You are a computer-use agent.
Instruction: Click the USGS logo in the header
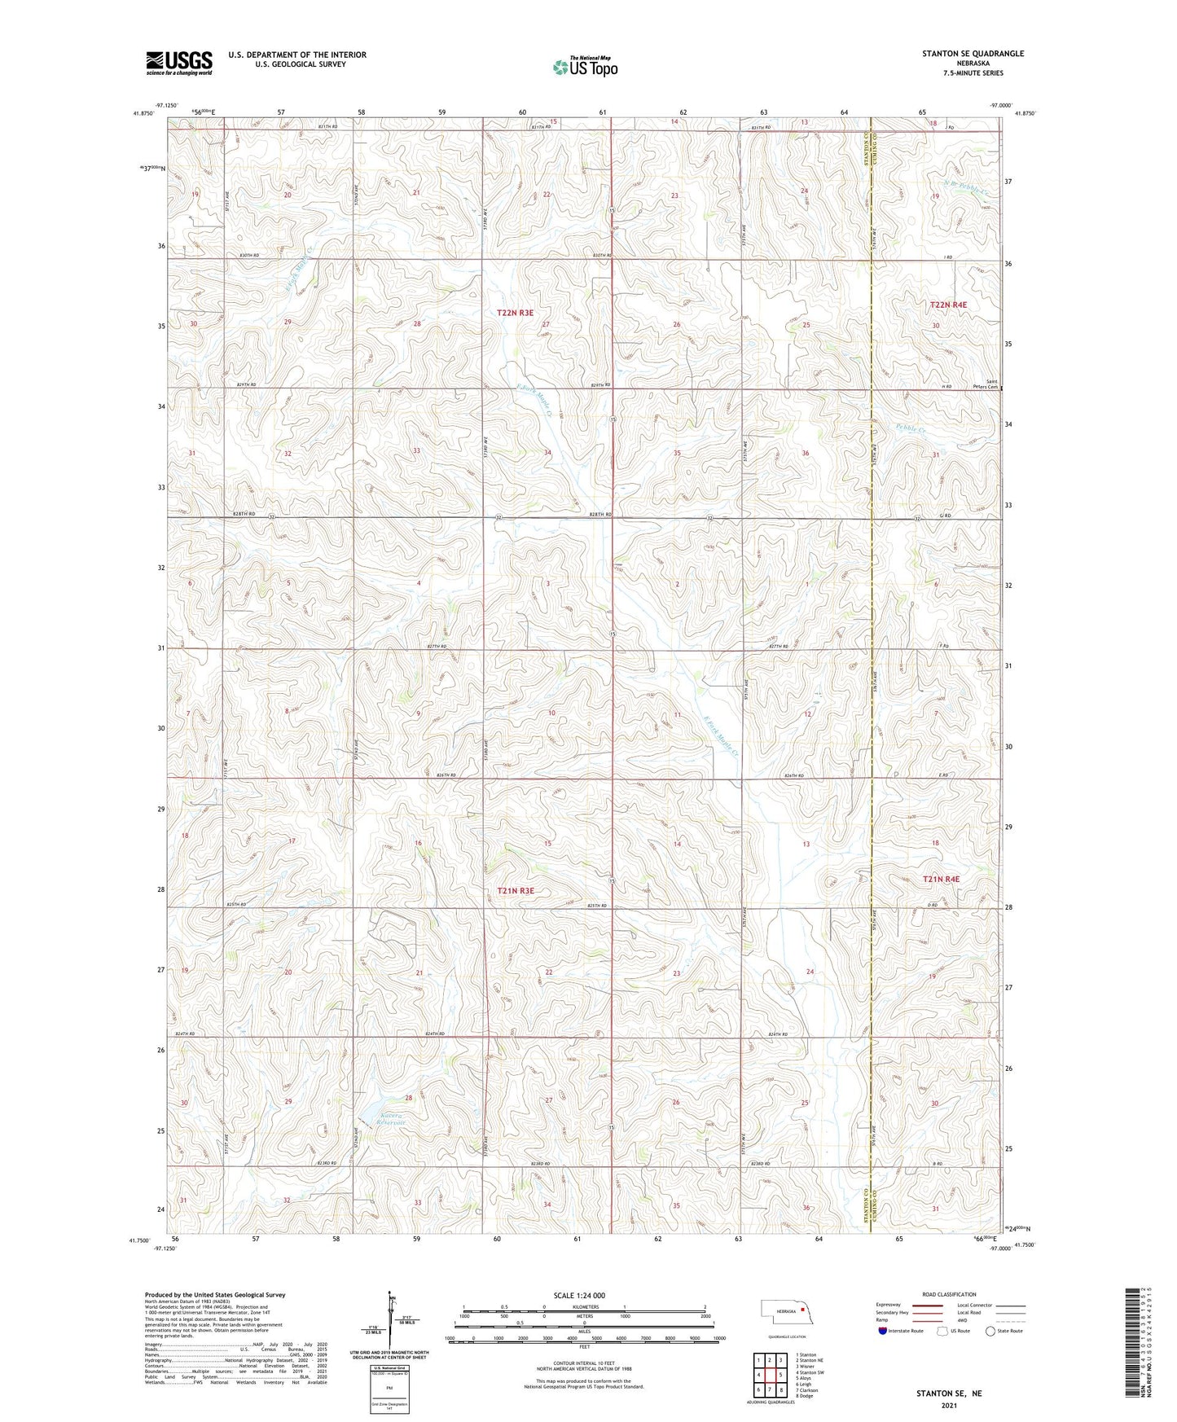178,63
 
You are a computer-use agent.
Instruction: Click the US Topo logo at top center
584,67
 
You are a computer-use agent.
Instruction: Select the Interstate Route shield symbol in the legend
883,1331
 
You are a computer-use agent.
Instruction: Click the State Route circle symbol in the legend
990,1331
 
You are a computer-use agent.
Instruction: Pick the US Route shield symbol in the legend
942,1331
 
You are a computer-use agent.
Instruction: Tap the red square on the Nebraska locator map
803,1310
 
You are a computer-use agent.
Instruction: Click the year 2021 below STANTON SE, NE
948,1406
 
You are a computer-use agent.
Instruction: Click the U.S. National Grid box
389,1388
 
